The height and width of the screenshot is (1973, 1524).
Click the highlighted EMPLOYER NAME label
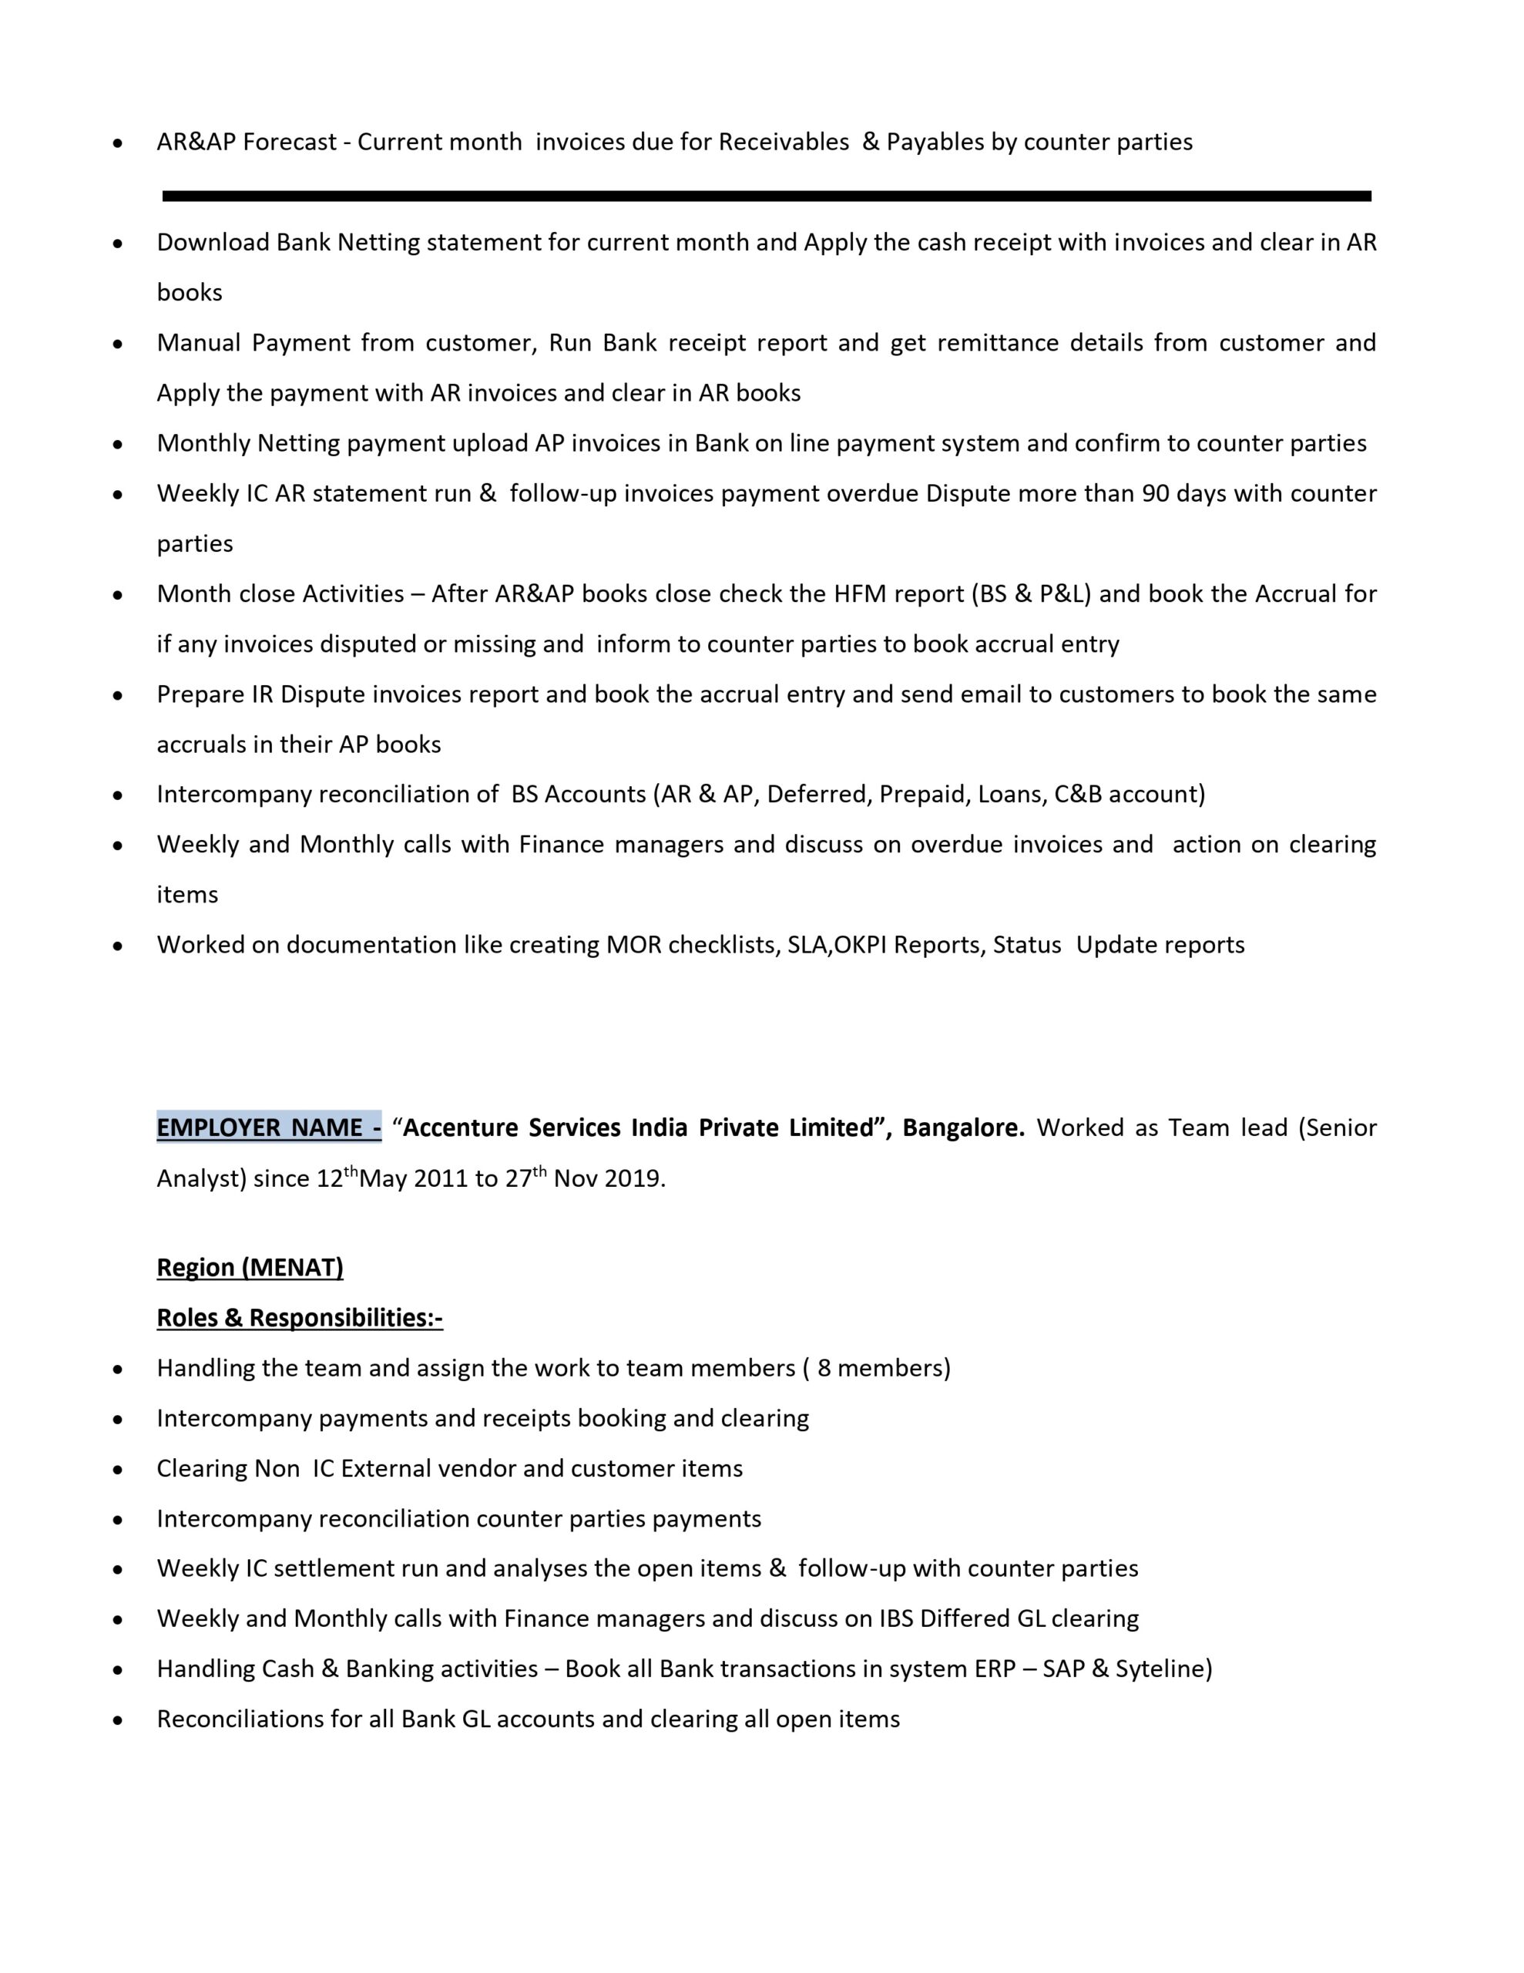click(268, 1128)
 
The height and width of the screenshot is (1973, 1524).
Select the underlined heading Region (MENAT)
click(250, 1268)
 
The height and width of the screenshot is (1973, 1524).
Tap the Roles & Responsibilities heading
click(300, 1318)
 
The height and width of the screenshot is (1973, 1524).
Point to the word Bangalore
click(962, 1128)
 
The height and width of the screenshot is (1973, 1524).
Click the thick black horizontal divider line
click(766, 196)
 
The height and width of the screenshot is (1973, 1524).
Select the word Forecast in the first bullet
click(289, 142)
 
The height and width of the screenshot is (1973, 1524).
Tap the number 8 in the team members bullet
click(823, 1368)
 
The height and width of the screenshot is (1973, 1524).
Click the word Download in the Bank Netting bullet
click(213, 242)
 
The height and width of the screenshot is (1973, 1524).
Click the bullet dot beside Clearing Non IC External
click(117, 1469)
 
